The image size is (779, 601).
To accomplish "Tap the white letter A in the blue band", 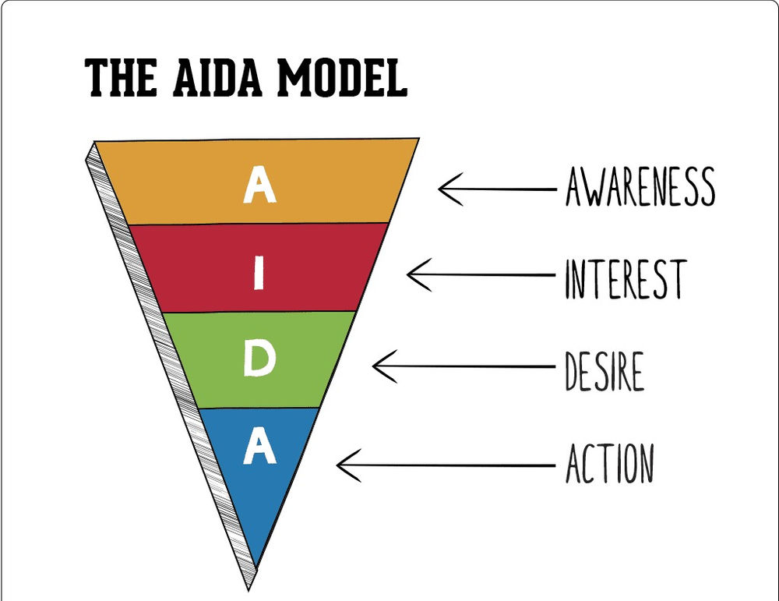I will point(259,447).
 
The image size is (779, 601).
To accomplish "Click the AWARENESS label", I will point(640,186).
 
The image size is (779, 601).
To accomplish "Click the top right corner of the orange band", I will point(416,140).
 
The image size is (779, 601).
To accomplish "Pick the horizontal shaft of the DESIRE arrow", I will point(467,366).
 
